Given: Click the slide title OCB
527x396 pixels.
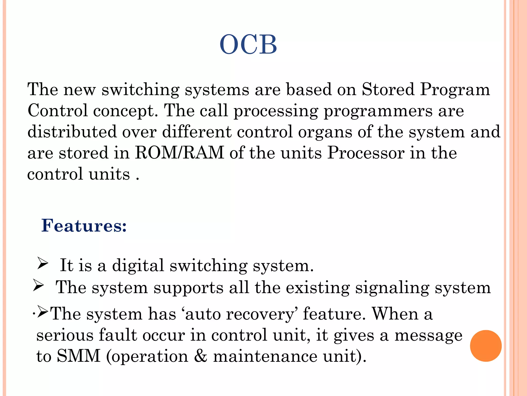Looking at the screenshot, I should [x=248, y=45].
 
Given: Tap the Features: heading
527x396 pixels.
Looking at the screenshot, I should [x=84, y=226].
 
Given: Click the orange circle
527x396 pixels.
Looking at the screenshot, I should [x=486, y=346].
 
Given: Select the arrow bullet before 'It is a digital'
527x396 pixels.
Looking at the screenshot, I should [x=43, y=263].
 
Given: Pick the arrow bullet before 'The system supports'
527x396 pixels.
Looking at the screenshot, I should [x=39, y=286].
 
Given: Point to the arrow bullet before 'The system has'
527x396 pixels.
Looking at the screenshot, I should [x=43, y=312].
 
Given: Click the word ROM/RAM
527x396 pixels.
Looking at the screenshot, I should [x=180, y=153].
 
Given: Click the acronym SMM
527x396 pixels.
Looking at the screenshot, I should [x=78, y=356].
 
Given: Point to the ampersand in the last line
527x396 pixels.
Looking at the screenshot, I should [x=200, y=356].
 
